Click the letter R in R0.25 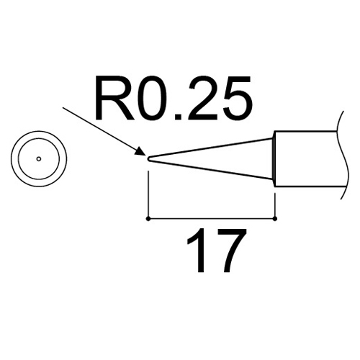pyautogui.click(x=115, y=98)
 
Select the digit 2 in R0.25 pyautogui.click(x=202, y=98)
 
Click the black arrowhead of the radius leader pyautogui.click(x=140, y=152)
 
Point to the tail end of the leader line pyautogui.click(x=63, y=108)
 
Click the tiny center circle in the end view pyautogui.click(x=39, y=158)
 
